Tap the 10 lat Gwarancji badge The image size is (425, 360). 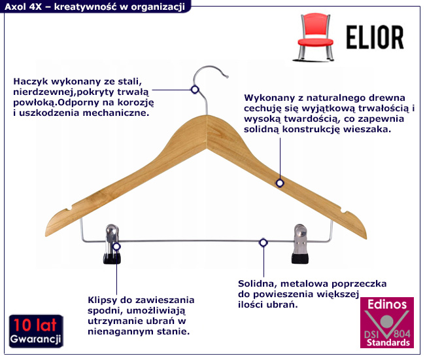[x=36, y=331]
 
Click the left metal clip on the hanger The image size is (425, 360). [x=111, y=245]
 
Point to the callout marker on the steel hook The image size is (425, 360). [x=194, y=90]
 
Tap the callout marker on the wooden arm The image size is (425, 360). [x=280, y=183]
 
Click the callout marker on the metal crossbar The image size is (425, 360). [x=263, y=243]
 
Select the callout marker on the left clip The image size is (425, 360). [x=116, y=247]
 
